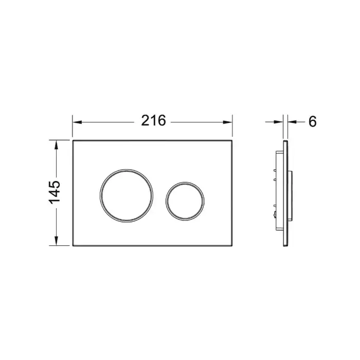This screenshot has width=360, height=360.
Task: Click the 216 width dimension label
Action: tap(153, 121)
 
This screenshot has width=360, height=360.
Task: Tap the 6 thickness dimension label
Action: tap(313, 121)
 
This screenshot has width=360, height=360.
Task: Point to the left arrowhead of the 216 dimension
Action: tap(77, 122)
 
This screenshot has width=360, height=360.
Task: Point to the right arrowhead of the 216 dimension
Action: tap(227, 122)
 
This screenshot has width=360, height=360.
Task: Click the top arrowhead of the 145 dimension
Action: tap(56, 145)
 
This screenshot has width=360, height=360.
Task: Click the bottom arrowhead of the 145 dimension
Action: tap(56, 240)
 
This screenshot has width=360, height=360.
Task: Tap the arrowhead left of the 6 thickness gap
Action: tap(278, 122)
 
